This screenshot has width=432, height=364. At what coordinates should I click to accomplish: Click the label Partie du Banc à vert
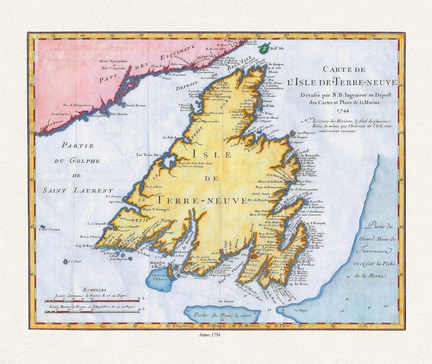coord(223,315)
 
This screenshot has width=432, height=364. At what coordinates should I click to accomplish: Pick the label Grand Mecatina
coord(136,106)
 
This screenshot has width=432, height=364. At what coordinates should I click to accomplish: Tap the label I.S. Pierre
coord(159,279)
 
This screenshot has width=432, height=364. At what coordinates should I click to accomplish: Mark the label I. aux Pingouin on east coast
coord(306,133)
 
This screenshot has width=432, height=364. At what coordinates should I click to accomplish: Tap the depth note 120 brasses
coord(225,301)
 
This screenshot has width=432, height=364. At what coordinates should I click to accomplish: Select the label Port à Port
coord(153,186)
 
